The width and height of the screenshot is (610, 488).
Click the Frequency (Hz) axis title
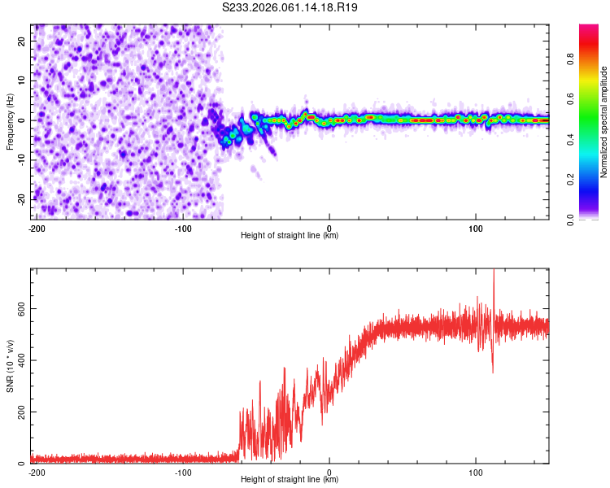point(10,121)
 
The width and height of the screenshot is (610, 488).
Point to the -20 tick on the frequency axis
point(22,198)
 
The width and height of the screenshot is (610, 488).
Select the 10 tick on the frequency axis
point(22,81)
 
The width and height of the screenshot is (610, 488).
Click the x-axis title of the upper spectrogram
point(290,236)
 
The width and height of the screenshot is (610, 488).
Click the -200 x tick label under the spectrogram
point(36,227)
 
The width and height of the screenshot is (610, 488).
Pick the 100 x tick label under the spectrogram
point(476,227)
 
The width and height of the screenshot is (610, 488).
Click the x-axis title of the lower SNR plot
point(290,480)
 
